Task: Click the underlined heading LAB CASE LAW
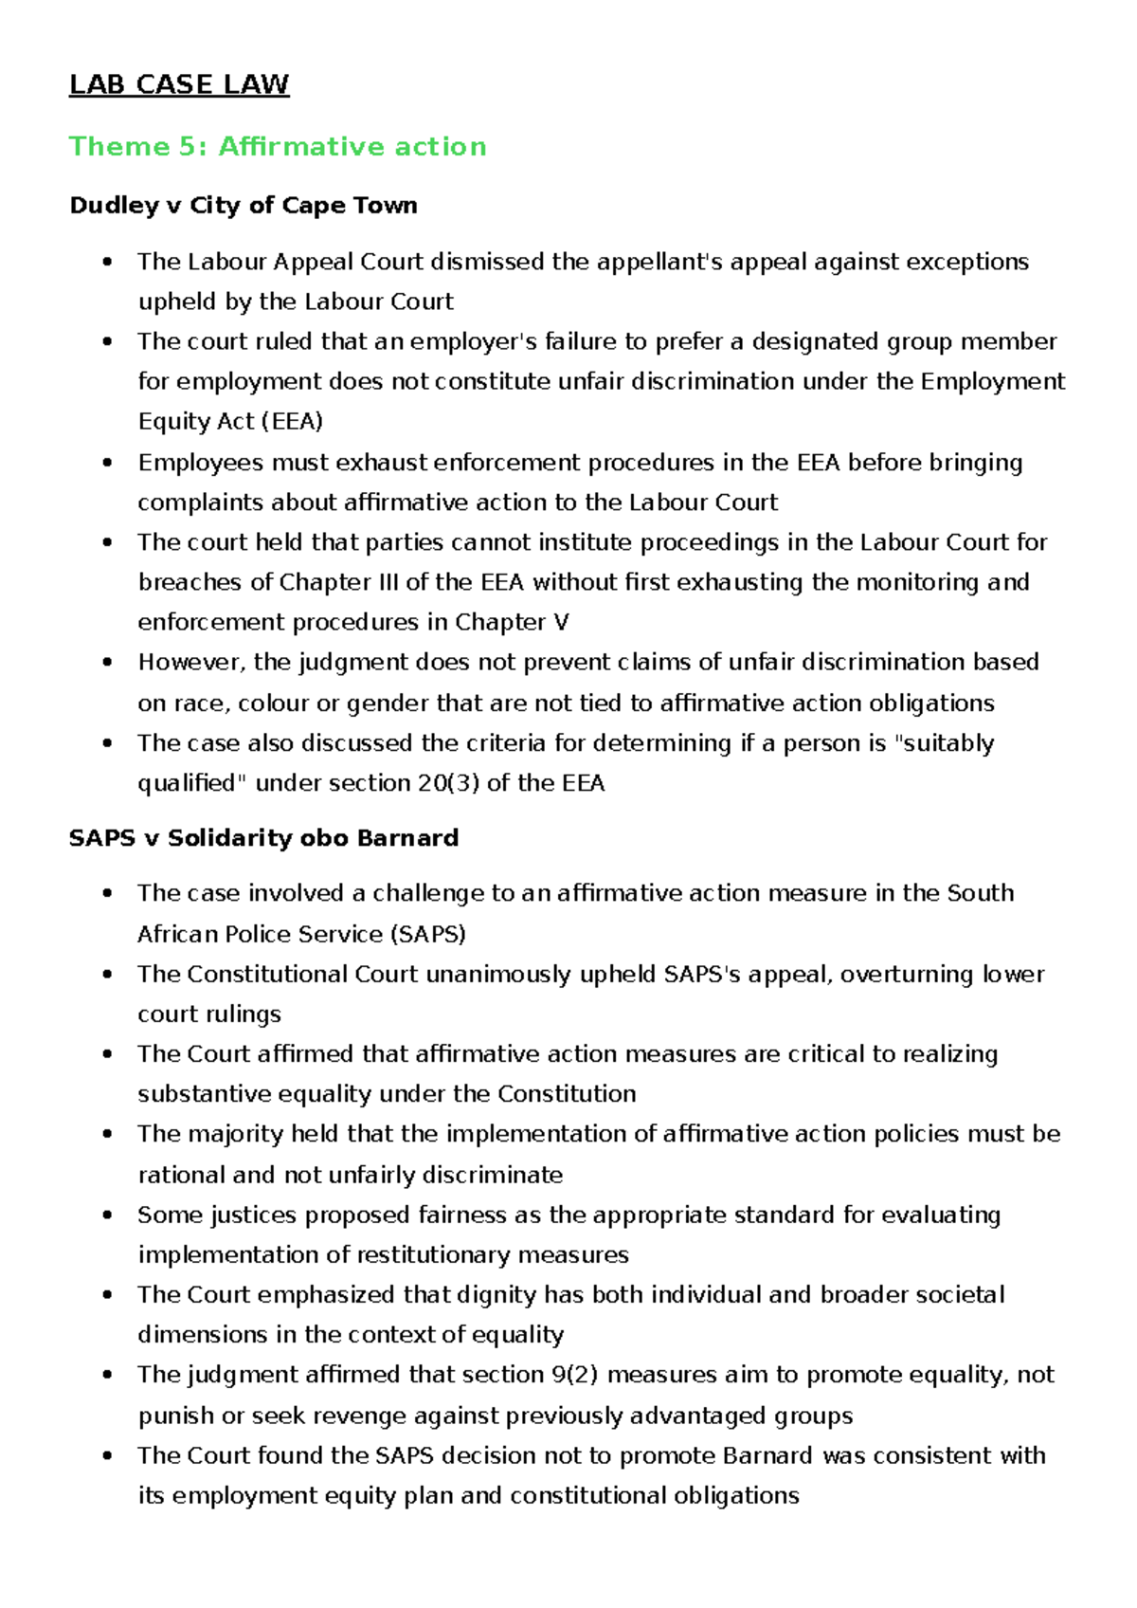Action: click(x=179, y=84)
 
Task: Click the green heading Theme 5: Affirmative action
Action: click(x=278, y=146)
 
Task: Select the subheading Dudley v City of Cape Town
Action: click(x=244, y=206)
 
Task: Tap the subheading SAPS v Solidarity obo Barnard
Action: click(x=263, y=838)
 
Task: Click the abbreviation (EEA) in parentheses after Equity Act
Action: click(x=292, y=421)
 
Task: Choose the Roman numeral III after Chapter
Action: click(x=388, y=582)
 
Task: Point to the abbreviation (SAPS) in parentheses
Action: click(x=427, y=934)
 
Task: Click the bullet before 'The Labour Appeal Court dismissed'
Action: click(x=109, y=262)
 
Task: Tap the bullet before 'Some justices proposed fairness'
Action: click(x=109, y=1215)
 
